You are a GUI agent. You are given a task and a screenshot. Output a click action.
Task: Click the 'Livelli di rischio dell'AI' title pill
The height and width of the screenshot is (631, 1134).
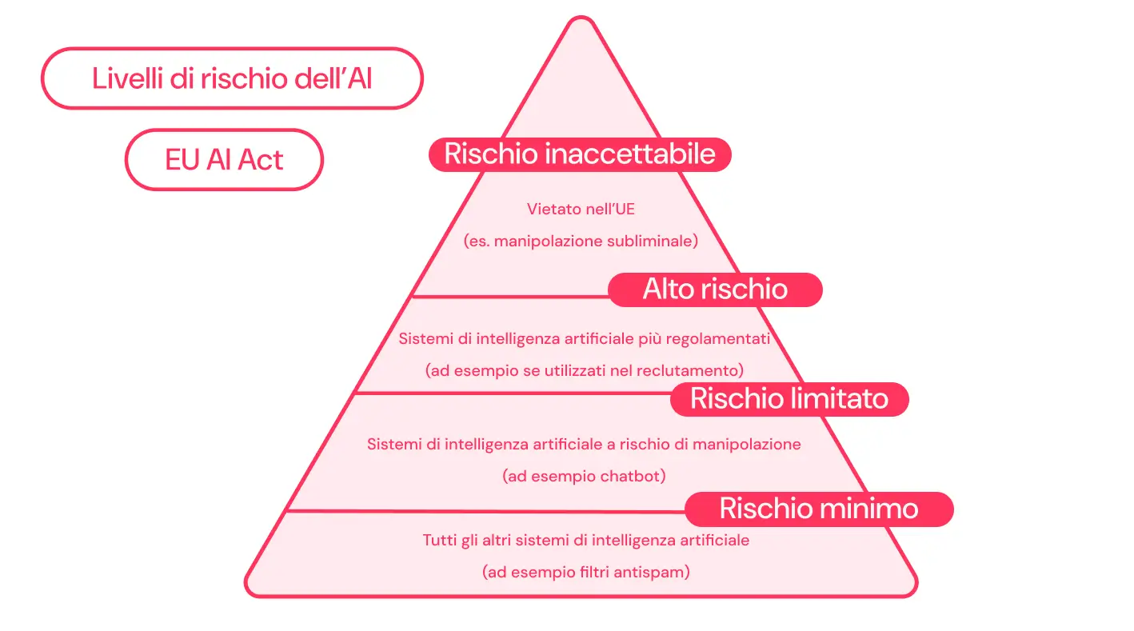click(x=231, y=78)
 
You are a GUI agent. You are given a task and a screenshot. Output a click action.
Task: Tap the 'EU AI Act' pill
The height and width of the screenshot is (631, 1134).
click(x=224, y=160)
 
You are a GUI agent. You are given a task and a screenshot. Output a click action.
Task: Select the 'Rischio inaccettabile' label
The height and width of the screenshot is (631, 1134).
click(x=580, y=154)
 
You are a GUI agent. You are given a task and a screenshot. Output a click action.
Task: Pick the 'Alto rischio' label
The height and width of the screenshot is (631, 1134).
click(x=715, y=289)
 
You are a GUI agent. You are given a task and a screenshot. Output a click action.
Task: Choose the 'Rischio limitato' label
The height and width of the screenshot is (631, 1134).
click(x=789, y=398)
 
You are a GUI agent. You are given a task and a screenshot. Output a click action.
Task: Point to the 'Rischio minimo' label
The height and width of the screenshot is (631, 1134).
click(x=818, y=509)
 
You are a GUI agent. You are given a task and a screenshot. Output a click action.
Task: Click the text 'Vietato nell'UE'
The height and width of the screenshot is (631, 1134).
click(x=581, y=210)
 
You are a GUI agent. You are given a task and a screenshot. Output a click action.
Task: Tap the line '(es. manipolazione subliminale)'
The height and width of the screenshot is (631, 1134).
click(x=581, y=241)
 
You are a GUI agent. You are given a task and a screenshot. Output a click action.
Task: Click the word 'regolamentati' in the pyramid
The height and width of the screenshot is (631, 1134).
click(x=722, y=338)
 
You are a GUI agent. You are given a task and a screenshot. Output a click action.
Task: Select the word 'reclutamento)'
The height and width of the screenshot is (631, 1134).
click(x=697, y=370)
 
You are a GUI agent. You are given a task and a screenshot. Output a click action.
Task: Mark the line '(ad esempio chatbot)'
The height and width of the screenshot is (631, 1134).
click(x=584, y=476)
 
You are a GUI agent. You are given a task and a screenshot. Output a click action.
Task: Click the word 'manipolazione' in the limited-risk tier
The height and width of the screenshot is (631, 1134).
click(x=752, y=443)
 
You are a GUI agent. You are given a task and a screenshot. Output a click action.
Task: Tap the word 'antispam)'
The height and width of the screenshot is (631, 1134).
click(x=658, y=572)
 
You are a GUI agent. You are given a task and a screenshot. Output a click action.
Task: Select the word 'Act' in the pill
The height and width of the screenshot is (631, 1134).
click(x=260, y=160)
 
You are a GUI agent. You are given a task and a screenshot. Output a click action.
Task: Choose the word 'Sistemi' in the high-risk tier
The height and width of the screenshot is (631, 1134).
click(x=425, y=338)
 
